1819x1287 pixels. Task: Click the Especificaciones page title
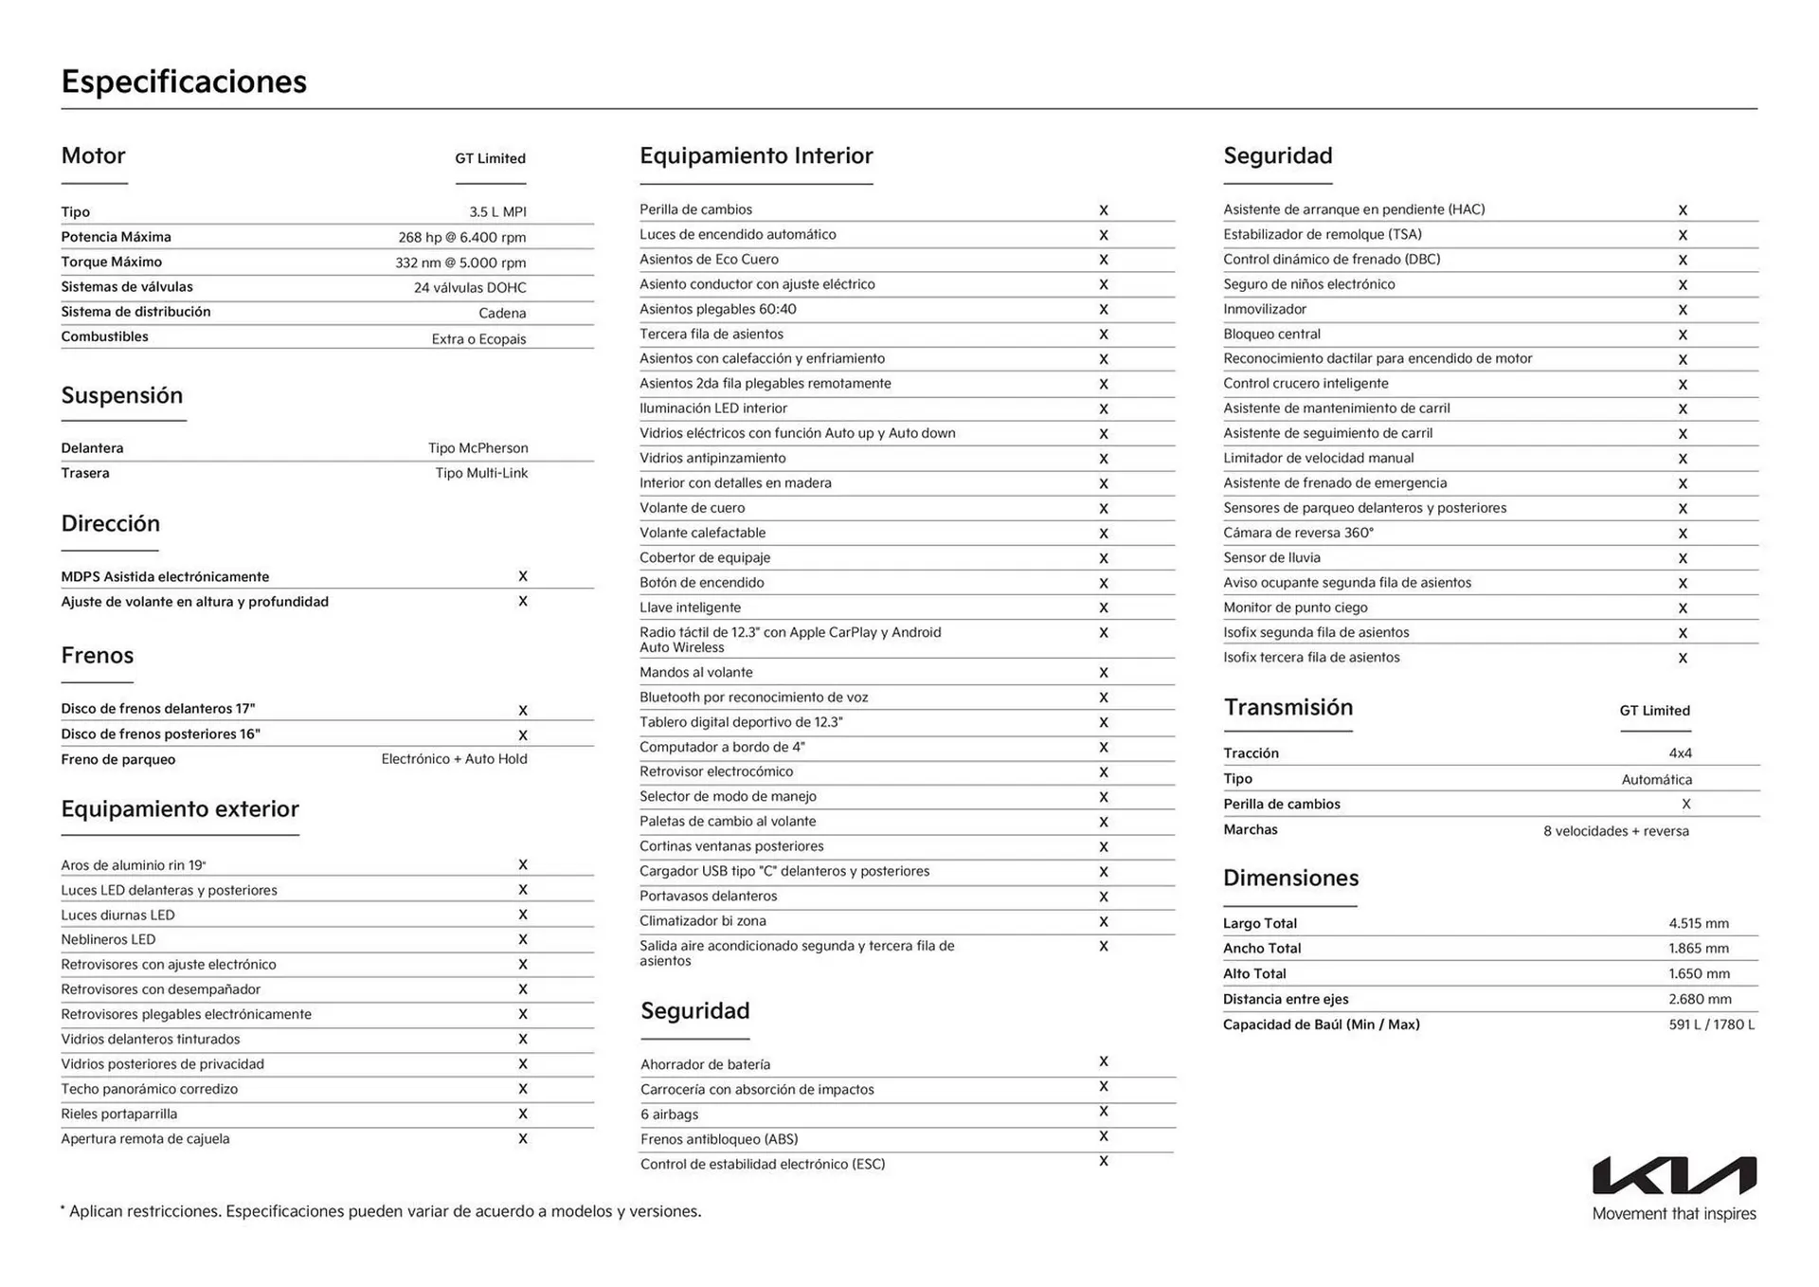tap(184, 82)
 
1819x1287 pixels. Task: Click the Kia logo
tap(1674, 1175)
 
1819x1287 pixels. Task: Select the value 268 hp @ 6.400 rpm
tap(461, 238)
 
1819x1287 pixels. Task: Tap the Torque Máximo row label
tap(111, 262)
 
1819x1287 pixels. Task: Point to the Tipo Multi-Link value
tap(481, 473)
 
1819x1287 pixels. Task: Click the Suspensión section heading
tap(121, 395)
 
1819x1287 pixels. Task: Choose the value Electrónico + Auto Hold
tap(454, 759)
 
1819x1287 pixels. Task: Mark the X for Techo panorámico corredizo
tap(522, 1089)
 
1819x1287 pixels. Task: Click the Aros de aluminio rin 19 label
tap(133, 865)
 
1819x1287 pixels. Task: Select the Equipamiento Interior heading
tap(755, 155)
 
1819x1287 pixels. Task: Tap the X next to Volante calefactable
tap(1103, 534)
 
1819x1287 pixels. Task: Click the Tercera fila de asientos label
tap(711, 334)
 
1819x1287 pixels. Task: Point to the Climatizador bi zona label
tap(702, 921)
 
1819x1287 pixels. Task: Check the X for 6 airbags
tap(1103, 1112)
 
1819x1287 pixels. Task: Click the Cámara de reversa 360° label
tap(1297, 533)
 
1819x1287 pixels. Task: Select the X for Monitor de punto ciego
tap(1682, 608)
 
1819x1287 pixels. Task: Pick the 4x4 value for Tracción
tap(1679, 753)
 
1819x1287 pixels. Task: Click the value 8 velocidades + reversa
tap(1615, 831)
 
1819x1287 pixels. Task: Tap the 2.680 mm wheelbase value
tap(1699, 999)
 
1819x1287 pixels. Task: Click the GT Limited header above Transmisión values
tap(1654, 711)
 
